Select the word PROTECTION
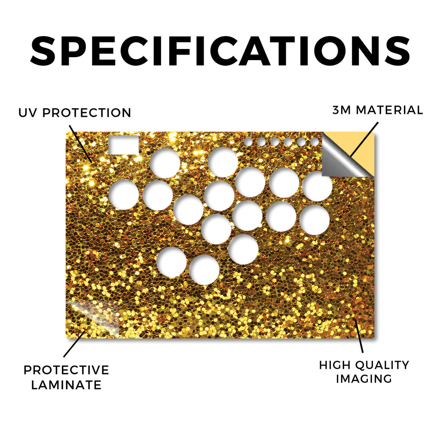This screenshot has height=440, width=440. [87, 113]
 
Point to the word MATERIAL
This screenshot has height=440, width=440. [389, 110]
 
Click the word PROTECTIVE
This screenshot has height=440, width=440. [66, 370]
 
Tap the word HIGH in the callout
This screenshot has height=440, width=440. [334, 365]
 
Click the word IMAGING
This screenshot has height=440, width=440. [364, 379]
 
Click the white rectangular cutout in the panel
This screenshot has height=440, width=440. [124, 145]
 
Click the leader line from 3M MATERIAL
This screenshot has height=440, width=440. [364, 139]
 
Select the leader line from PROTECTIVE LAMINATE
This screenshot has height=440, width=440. [75, 344]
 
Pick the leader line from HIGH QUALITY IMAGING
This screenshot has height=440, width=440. [359, 336]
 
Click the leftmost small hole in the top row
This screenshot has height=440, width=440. [248, 142]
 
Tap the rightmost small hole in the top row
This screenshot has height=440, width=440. [314, 142]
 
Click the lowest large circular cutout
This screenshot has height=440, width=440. [204, 270]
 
